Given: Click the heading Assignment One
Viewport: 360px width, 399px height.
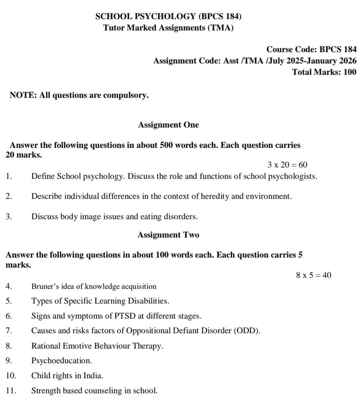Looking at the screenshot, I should [168, 125].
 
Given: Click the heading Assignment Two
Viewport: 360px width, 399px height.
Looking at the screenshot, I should [168, 235].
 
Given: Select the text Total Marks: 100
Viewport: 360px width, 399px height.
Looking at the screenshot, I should [324, 72].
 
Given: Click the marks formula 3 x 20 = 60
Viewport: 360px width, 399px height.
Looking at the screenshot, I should [287, 165].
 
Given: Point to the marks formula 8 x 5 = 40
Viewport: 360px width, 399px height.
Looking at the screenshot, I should [314, 275].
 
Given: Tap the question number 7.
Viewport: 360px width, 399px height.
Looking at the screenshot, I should [9, 331].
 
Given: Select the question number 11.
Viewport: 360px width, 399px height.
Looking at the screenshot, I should [11, 390].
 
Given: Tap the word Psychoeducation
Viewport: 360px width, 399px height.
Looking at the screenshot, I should [61, 361].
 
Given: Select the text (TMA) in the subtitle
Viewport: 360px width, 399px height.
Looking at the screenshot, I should [220, 28].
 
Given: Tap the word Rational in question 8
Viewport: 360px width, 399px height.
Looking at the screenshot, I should [46, 346].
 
